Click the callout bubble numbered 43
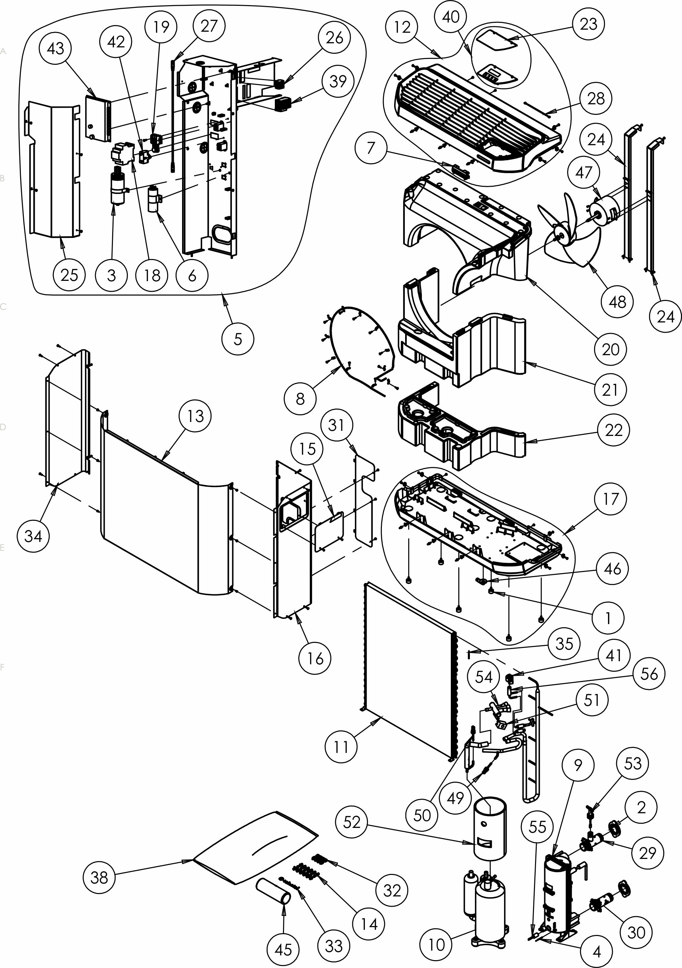point(55,48)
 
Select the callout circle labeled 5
point(238,338)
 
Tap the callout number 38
point(100,877)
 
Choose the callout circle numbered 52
point(352,822)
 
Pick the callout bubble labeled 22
point(613,430)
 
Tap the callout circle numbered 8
point(300,399)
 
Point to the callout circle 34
point(33,536)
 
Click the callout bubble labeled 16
point(315,659)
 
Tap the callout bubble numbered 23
point(588,24)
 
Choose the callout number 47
point(584,172)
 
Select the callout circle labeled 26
point(335,37)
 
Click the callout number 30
point(636,932)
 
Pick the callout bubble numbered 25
point(70,275)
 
